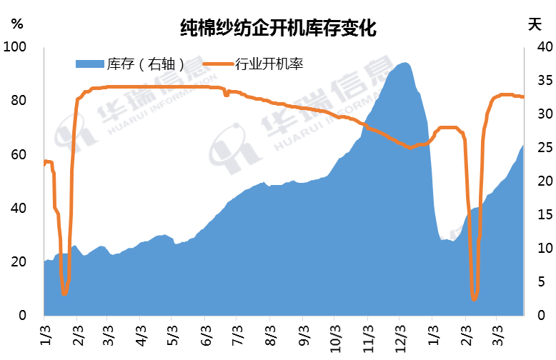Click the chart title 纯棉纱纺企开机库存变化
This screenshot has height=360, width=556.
point(278,29)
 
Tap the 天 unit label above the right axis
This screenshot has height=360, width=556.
point(535,24)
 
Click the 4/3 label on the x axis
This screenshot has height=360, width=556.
point(141,336)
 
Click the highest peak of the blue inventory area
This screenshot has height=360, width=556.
point(405,64)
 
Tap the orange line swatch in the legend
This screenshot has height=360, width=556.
point(217,65)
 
